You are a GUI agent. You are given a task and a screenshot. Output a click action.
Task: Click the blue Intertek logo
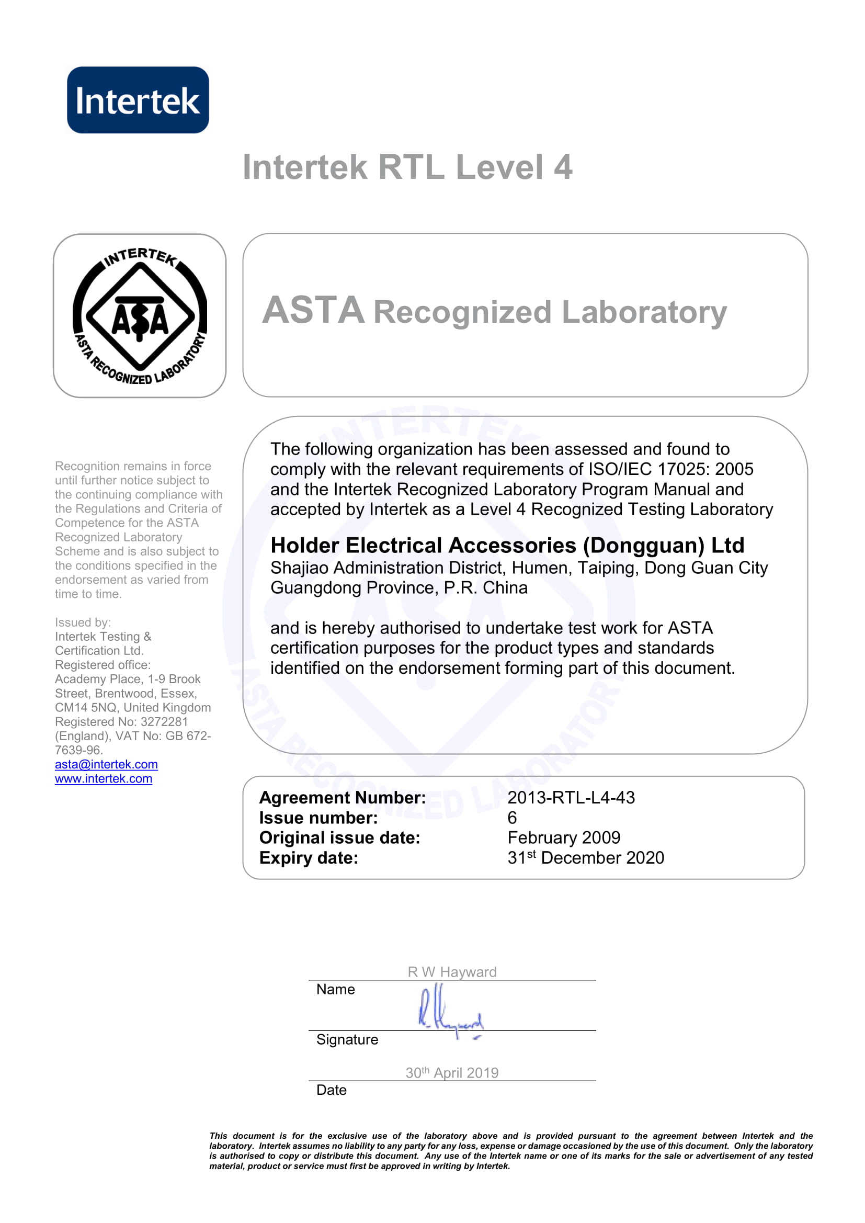pyautogui.click(x=138, y=99)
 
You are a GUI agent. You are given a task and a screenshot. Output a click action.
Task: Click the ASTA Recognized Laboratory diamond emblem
pyautogui.click(x=140, y=316)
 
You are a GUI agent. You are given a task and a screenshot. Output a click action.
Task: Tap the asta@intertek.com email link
pyautogui.click(x=106, y=764)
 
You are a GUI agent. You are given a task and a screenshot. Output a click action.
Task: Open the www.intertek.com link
pyautogui.click(x=104, y=779)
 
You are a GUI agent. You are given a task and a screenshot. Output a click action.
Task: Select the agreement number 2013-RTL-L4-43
pyautogui.click(x=571, y=798)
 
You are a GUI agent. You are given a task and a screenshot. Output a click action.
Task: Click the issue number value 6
pyautogui.click(x=512, y=818)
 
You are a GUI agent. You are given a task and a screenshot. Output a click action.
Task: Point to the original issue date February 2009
pyautogui.click(x=564, y=838)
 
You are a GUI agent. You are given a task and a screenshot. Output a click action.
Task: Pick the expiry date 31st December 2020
pyautogui.click(x=585, y=858)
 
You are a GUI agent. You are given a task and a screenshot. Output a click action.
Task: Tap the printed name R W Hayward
pyautogui.click(x=452, y=972)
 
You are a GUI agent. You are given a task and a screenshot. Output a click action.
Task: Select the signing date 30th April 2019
pyautogui.click(x=452, y=1073)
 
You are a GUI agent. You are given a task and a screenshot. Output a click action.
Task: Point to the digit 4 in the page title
pyautogui.click(x=563, y=167)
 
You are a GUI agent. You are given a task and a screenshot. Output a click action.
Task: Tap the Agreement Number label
pyautogui.click(x=342, y=798)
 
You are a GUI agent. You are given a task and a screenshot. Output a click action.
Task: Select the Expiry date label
pyautogui.click(x=309, y=858)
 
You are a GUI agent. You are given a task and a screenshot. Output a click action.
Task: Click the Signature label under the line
pyautogui.click(x=347, y=1040)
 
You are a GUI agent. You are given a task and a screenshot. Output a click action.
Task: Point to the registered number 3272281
pyautogui.click(x=164, y=722)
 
